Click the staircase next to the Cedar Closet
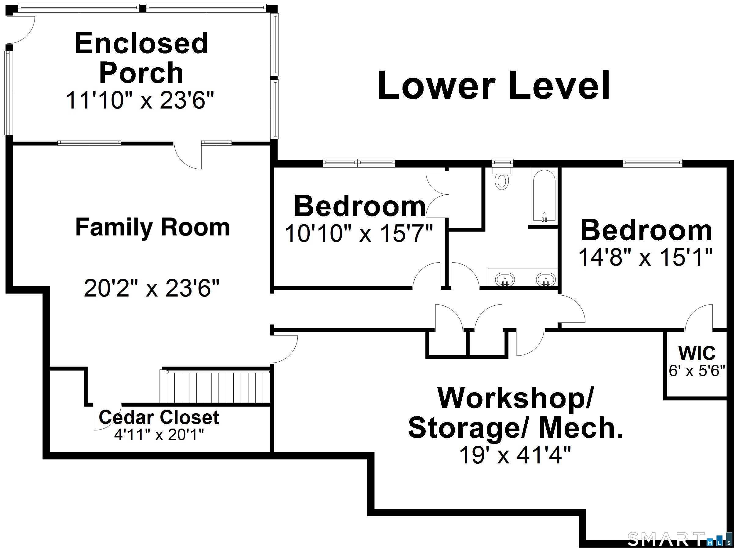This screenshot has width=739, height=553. click(216, 387)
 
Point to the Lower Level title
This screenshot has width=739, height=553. click(494, 86)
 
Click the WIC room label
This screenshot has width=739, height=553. click(697, 353)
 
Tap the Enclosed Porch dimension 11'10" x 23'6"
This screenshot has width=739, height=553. click(140, 100)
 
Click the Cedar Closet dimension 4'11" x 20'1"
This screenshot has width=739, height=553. click(159, 435)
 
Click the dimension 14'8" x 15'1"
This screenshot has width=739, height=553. click(645, 257)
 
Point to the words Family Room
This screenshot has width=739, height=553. click(153, 227)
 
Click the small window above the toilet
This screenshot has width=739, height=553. click(502, 163)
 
